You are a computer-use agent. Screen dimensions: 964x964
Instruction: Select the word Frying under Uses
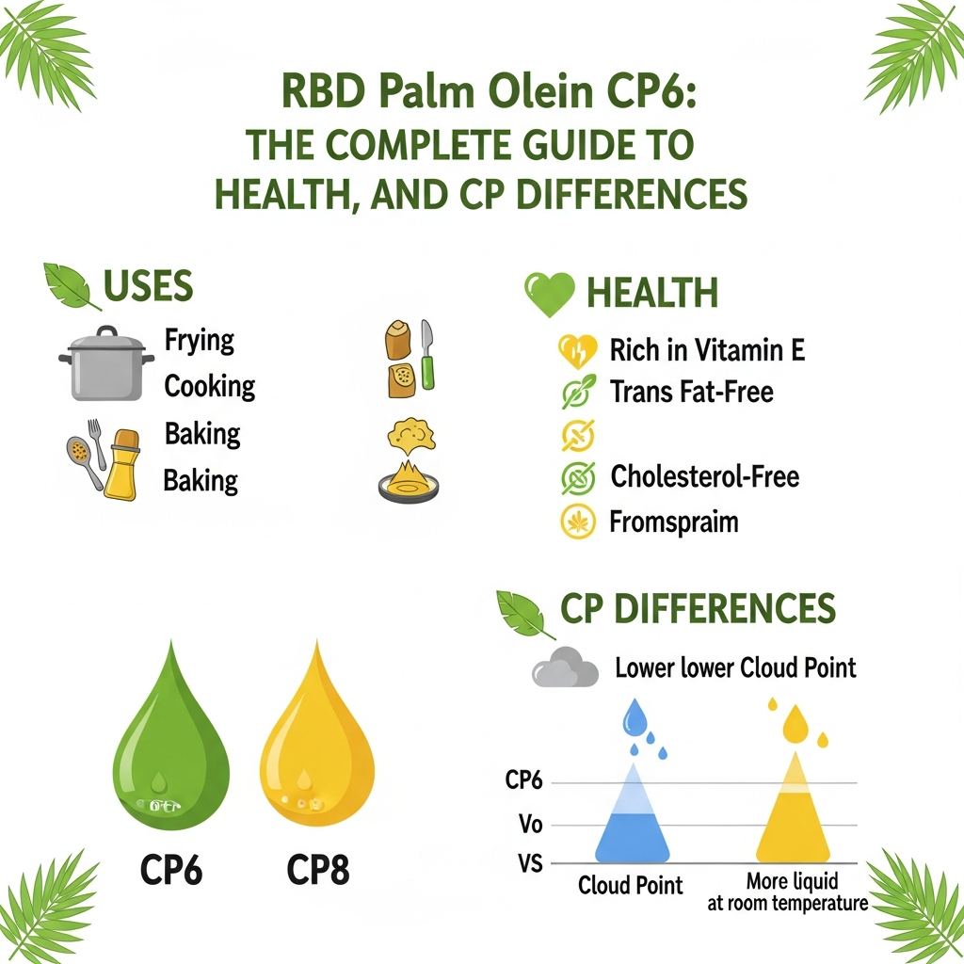tap(199, 340)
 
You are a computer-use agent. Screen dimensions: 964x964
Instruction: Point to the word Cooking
tap(209, 386)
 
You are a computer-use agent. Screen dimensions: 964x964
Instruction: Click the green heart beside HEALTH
tap(549, 294)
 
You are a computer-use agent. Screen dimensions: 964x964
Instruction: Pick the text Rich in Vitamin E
tap(707, 351)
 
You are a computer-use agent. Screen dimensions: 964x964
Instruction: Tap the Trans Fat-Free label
tap(691, 392)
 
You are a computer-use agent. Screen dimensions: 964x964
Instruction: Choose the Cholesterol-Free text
tap(704, 476)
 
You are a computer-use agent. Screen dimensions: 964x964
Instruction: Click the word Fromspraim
tap(674, 522)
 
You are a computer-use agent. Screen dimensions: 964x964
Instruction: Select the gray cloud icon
tap(565, 670)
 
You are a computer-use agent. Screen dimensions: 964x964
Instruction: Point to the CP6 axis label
tap(524, 780)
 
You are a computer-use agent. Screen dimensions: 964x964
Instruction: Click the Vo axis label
tap(531, 825)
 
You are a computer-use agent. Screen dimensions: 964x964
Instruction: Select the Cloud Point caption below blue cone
tap(631, 885)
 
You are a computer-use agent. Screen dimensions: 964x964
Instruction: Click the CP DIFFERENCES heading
tap(698, 610)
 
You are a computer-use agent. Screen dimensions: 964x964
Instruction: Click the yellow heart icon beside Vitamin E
tap(576, 352)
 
